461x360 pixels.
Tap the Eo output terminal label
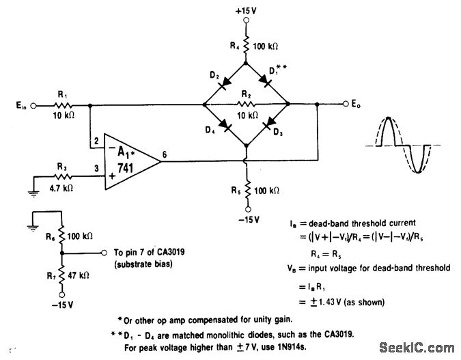(356, 105)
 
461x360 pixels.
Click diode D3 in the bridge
(268, 126)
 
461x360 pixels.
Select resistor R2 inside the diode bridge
(247, 105)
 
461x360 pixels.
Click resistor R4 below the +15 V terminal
(247, 46)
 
